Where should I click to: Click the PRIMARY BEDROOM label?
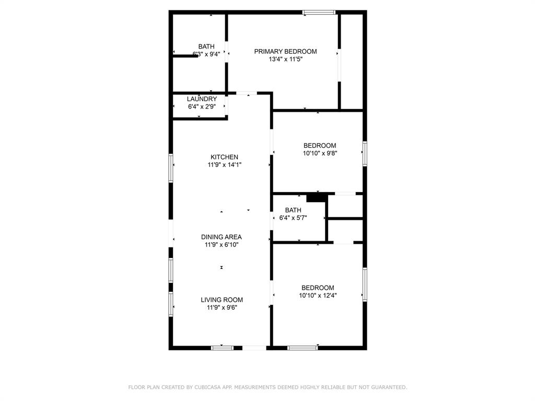[x=286, y=52]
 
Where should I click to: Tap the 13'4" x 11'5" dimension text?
[x=286, y=60]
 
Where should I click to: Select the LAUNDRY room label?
[x=202, y=99]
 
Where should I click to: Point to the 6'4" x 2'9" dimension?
[x=202, y=107]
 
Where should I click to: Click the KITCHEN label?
[x=224, y=157]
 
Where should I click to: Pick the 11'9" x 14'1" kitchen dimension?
[x=225, y=165]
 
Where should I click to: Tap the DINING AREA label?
[x=222, y=237]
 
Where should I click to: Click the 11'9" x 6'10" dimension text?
[x=222, y=245]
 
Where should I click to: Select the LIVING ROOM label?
[x=222, y=300]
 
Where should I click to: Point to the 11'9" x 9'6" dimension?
[x=222, y=308]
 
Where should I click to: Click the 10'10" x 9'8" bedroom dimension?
[x=320, y=154]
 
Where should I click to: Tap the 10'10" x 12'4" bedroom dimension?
[x=318, y=296]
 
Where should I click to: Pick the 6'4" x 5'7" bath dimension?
[x=293, y=218]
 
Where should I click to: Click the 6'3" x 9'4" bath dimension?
[x=206, y=54]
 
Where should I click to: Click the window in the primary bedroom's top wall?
[x=319, y=13]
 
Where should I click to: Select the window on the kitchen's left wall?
[x=171, y=168]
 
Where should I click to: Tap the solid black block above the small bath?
[x=317, y=198]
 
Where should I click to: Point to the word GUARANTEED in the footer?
[x=389, y=387]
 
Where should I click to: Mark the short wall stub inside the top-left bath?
[x=185, y=55]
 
